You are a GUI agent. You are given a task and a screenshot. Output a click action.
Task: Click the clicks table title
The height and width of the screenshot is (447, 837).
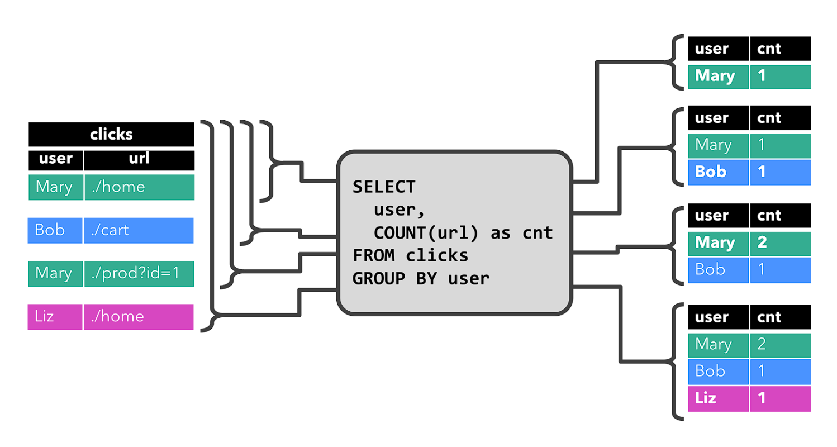(x=111, y=134)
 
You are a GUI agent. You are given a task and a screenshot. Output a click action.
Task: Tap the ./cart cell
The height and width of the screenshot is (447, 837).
(x=139, y=230)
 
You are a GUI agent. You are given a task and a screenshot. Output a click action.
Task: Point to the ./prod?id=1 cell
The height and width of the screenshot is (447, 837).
(x=139, y=274)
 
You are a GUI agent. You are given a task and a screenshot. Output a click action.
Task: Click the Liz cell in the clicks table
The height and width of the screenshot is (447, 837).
(x=55, y=317)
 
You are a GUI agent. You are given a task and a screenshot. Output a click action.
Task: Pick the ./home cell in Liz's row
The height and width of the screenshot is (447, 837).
(x=139, y=317)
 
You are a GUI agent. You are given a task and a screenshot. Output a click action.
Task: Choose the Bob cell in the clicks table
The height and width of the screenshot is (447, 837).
(x=55, y=230)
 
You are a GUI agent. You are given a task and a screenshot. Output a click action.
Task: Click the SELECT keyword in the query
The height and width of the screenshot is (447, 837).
(x=384, y=187)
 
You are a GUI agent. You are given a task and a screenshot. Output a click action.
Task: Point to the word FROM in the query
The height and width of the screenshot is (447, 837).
(x=373, y=255)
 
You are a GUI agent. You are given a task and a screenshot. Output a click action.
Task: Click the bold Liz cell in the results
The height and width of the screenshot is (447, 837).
(x=718, y=398)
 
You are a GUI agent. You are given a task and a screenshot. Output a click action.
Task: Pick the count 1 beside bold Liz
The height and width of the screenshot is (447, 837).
(x=780, y=398)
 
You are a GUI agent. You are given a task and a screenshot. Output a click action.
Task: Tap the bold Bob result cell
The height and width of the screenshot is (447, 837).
(x=718, y=172)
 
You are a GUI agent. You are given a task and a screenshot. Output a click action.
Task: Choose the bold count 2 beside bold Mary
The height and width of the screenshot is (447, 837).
(x=780, y=243)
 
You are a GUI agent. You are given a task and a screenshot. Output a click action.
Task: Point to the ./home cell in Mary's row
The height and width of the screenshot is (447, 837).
(x=139, y=187)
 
